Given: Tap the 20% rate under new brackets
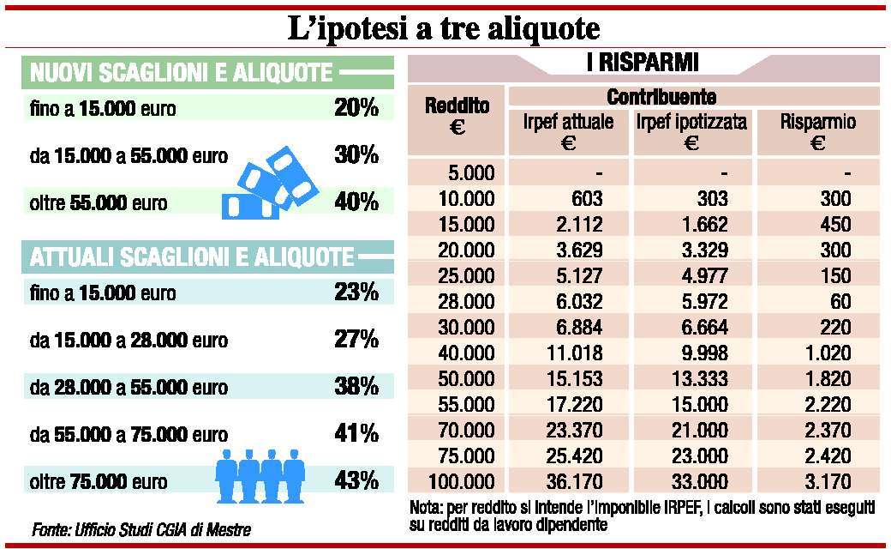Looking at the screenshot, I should point(356,108).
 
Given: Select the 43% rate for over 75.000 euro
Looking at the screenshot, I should point(356,480).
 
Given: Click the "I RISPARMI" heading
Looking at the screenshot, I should point(644,63).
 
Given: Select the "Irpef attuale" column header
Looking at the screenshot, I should point(568,131).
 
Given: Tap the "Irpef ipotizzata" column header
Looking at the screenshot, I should point(691,131).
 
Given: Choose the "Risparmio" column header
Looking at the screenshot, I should point(817,131).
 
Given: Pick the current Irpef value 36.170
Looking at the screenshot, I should point(575,481).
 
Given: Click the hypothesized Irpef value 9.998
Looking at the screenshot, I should point(700,352).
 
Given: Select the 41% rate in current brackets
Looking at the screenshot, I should point(356,433).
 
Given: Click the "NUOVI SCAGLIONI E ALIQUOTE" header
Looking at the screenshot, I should point(182,73).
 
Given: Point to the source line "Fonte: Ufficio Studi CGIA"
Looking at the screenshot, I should point(141,527).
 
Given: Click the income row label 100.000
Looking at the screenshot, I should point(461,481).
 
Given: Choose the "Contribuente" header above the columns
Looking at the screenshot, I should point(661,96).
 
